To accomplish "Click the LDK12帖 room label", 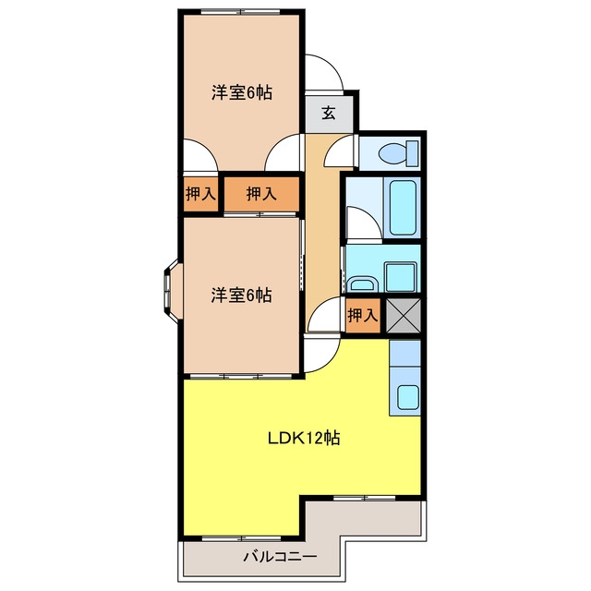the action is (304, 438).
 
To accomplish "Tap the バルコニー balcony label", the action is (280, 556).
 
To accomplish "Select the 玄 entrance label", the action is (329, 113).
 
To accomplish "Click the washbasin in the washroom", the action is (362, 283).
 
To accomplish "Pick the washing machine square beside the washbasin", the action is (401, 277).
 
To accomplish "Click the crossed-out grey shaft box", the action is (404, 316).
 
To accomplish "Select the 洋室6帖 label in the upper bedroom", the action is (242, 92).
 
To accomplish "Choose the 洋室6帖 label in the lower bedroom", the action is (241, 295).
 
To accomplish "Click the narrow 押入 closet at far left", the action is (200, 194).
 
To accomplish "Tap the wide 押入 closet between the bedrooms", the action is (261, 194).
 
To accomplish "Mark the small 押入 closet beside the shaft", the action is (363, 316).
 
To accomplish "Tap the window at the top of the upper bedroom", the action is (240, 12).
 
